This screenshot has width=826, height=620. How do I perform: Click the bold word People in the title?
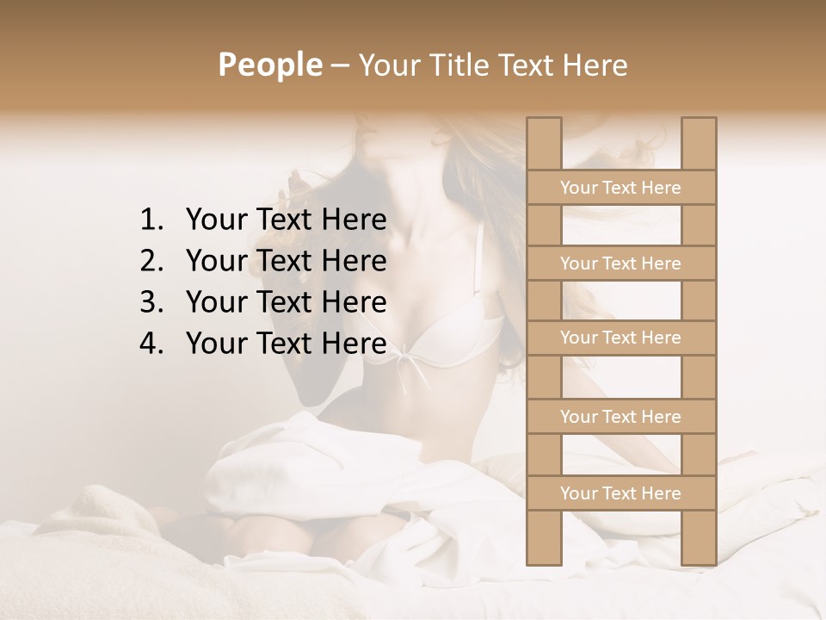269,65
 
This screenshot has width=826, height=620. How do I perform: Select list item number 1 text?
286,220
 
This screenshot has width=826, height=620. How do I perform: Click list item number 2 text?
286,261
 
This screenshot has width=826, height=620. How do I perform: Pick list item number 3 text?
286,302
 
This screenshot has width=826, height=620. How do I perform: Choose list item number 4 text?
286,344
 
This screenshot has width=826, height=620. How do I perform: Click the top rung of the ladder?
620,188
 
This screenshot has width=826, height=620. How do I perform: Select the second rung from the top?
620,263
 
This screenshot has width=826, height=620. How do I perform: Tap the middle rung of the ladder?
620,338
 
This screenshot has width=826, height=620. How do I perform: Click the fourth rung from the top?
620,417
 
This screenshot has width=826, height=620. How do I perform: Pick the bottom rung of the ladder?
620,493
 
